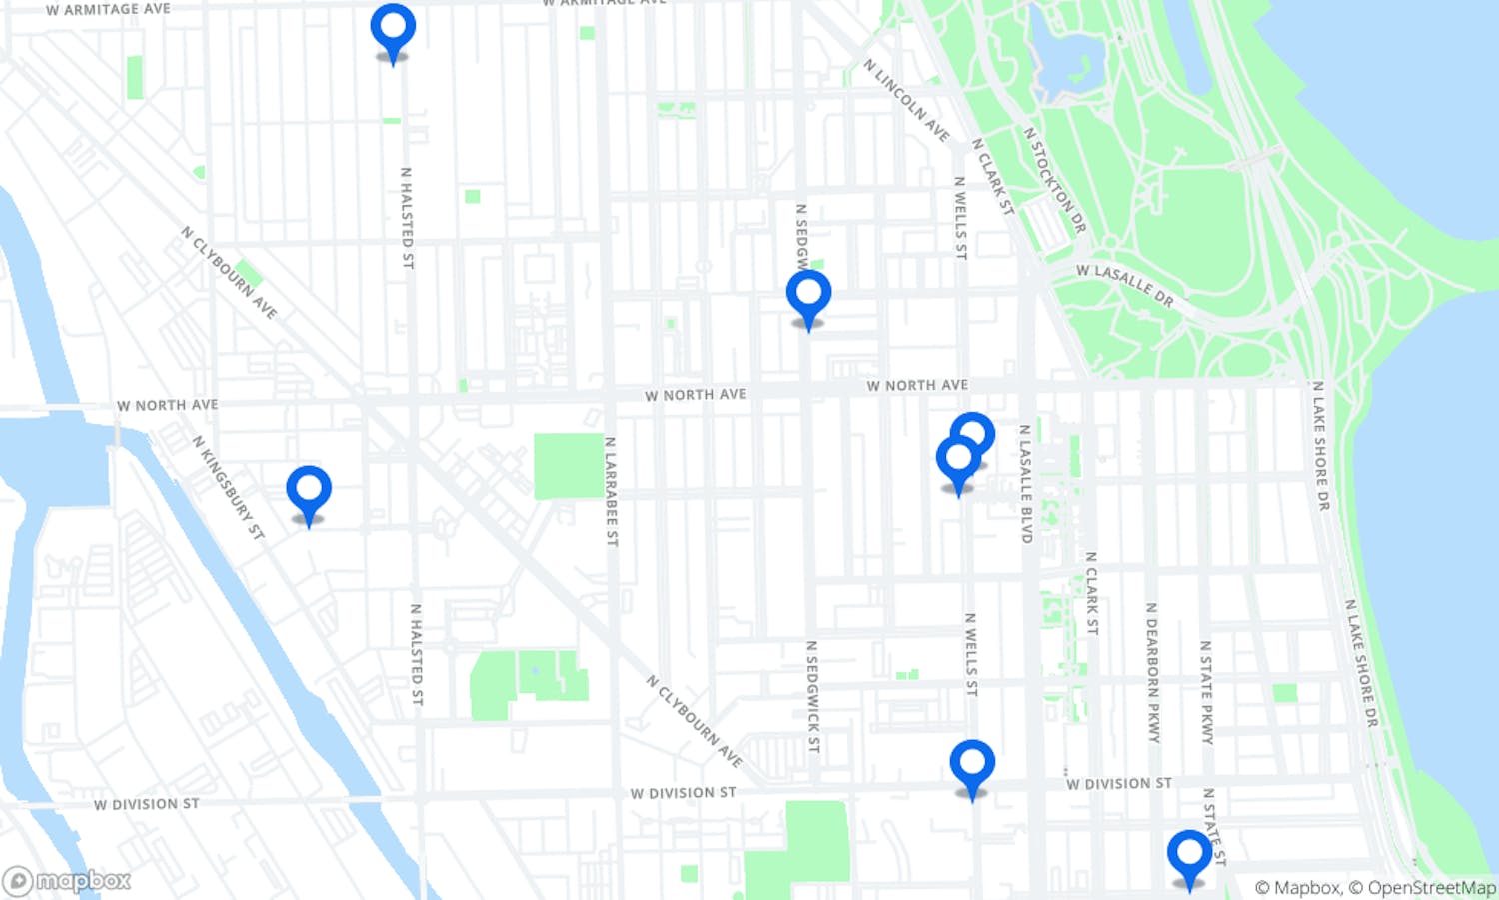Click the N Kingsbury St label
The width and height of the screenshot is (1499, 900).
[x=229, y=488]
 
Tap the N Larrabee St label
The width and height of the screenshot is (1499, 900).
[x=611, y=490]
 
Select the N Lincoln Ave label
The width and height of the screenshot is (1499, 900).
[x=906, y=99]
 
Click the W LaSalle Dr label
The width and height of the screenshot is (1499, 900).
[x=1125, y=284]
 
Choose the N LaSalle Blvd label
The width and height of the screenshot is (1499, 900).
[x=1025, y=484]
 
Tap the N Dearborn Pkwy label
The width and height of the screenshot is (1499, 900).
[x=1153, y=672]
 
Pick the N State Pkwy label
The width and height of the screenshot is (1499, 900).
[x=1206, y=692]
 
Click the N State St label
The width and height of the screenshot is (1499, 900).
[x=1213, y=826]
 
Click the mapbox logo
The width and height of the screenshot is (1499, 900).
[x=68, y=881]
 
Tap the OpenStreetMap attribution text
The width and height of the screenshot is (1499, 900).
[x=1431, y=888]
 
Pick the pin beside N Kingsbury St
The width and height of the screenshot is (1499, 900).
[x=309, y=490]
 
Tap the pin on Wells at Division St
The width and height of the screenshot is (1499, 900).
[x=972, y=764]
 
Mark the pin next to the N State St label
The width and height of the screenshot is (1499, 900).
[x=1189, y=854]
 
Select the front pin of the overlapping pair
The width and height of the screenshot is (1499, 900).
[x=958, y=459]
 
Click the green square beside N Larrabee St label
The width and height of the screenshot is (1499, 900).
[x=569, y=466]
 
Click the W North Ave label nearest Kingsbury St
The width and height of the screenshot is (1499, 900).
[x=167, y=405]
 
